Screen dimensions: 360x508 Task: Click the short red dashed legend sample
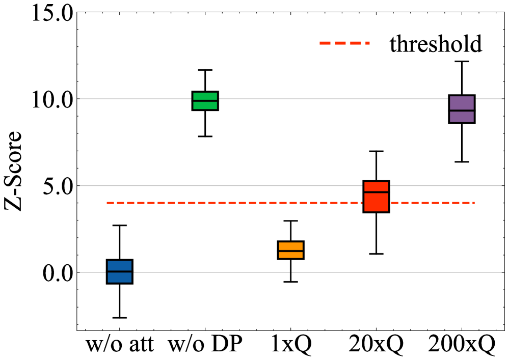pos(344,43)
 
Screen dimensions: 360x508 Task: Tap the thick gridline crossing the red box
pos(229,185)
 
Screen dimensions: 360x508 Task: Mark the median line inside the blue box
pos(119,271)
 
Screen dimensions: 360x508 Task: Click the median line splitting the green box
pos(205,101)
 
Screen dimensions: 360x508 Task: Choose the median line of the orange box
pos(290,251)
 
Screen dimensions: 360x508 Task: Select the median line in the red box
pos(376,192)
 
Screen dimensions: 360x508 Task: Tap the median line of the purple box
pos(462,110)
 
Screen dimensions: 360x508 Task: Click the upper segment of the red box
pos(376,186)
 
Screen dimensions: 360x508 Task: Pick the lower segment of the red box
pos(376,203)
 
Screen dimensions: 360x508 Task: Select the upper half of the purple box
pos(462,103)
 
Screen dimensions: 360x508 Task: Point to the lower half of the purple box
pos(462,117)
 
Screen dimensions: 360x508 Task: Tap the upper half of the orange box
pos(290,246)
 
